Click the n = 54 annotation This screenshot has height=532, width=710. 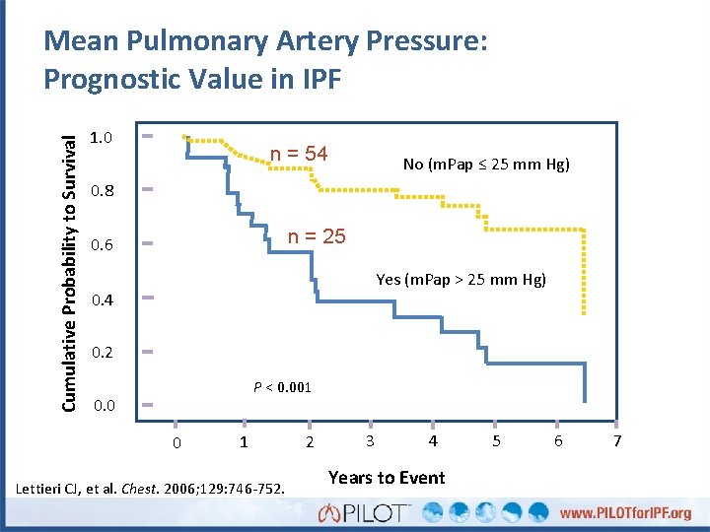pyautogui.click(x=299, y=154)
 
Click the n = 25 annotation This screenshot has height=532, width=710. pyautogui.click(x=316, y=236)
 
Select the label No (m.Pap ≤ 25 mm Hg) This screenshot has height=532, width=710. pyautogui.click(x=486, y=165)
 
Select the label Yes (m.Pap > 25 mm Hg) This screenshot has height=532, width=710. pyautogui.click(x=461, y=280)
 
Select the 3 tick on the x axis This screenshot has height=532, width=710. pyautogui.click(x=369, y=441)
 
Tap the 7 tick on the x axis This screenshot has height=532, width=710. pyautogui.click(x=617, y=441)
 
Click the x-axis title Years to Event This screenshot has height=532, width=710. pyautogui.click(x=387, y=478)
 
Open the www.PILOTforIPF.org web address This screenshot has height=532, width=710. pyautogui.click(x=626, y=513)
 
